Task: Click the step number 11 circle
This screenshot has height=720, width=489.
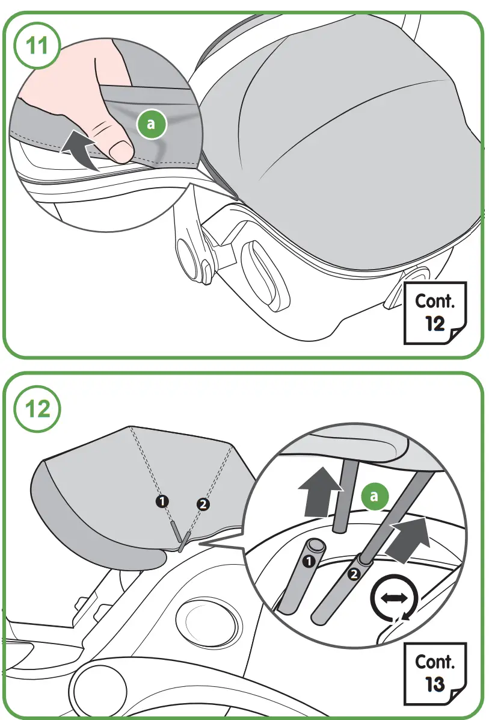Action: pos(38,47)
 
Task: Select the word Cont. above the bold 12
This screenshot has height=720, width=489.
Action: pos(434,300)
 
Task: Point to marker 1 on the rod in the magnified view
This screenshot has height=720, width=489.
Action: pos(309,562)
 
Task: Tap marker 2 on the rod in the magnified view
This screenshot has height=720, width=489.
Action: pos(354,575)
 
